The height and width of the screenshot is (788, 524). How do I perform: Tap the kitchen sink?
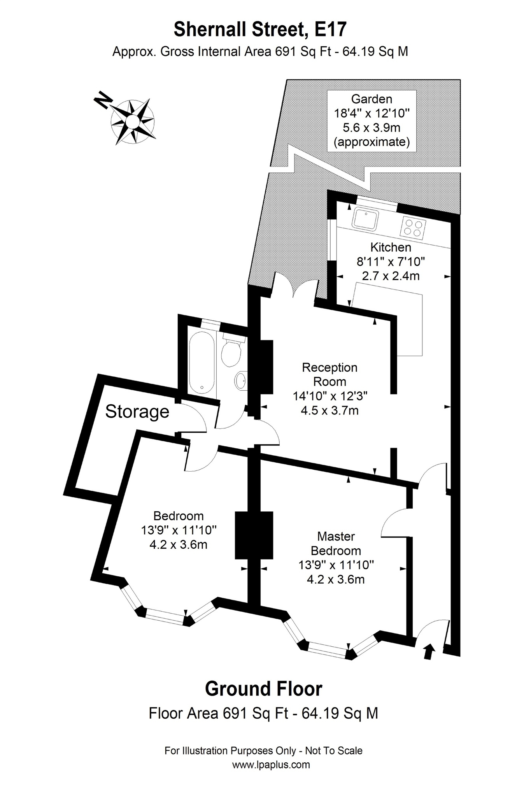[365, 219]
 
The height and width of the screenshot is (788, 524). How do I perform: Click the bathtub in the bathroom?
[202, 362]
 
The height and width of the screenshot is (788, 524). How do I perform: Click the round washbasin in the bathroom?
[241, 380]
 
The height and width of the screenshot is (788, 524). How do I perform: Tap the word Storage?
[137, 412]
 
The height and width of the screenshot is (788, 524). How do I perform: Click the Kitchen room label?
[391, 247]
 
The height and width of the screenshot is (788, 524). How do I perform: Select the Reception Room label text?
[329, 374]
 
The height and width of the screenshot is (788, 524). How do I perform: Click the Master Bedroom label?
[336, 543]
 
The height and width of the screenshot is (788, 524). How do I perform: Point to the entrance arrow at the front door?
[428, 651]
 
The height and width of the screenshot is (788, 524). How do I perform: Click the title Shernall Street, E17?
[260, 30]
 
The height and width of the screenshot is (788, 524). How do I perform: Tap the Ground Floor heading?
[263, 689]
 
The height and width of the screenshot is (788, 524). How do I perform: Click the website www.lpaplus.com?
[271, 765]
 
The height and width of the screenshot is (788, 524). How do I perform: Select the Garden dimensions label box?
[372, 121]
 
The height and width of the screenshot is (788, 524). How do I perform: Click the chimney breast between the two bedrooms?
[254, 535]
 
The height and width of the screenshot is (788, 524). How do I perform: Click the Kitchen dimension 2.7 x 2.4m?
[391, 276]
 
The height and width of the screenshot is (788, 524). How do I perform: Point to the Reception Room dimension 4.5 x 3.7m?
[329, 410]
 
